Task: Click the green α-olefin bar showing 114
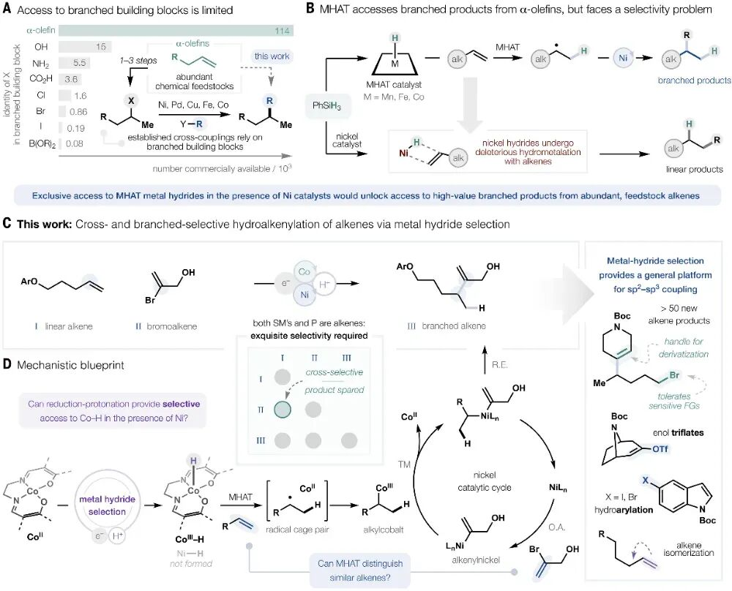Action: [176, 31]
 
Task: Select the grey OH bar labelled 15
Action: [84, 47]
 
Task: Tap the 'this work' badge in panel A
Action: [272, 56]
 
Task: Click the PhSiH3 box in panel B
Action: [326, 106]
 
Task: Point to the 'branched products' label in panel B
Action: [694, 80]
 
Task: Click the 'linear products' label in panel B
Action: [694, 169]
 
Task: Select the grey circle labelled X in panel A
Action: [131, 100]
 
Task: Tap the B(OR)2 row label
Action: [42, 144]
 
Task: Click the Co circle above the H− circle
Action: [305, 272]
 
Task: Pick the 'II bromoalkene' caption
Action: [166, 326]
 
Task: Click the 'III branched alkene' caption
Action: [447, 326]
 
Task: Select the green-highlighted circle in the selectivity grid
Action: [283, 409]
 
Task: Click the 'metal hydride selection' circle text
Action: [107, 505]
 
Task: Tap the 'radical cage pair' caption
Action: [297, 530]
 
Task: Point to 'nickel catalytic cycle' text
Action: [485, 481]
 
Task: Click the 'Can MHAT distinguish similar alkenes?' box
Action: [360, 570]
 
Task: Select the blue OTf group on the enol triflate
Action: [660, 449]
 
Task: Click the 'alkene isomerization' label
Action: [689, 549]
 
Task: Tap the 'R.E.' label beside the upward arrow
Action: [499, 365]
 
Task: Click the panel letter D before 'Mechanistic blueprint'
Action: [7, 364]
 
